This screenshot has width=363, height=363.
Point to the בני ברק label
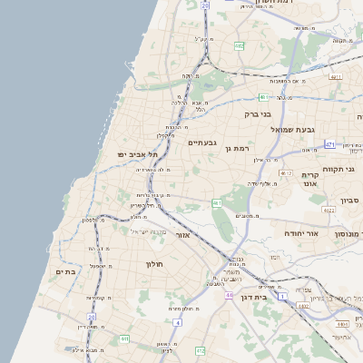(x=258, y=114)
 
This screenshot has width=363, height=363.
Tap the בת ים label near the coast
(x=64, y=270)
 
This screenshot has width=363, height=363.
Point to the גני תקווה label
(x=342, y=169)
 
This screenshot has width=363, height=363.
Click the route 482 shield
(x=239, y=44)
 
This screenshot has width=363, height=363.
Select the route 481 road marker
(x=263, y=96)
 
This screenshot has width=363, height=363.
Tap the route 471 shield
(x=329, y=144)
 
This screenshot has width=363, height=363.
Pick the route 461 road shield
(x=217, y=203)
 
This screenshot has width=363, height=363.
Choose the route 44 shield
(x=231, y=295)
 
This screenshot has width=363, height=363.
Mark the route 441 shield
(x=124, y=338)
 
